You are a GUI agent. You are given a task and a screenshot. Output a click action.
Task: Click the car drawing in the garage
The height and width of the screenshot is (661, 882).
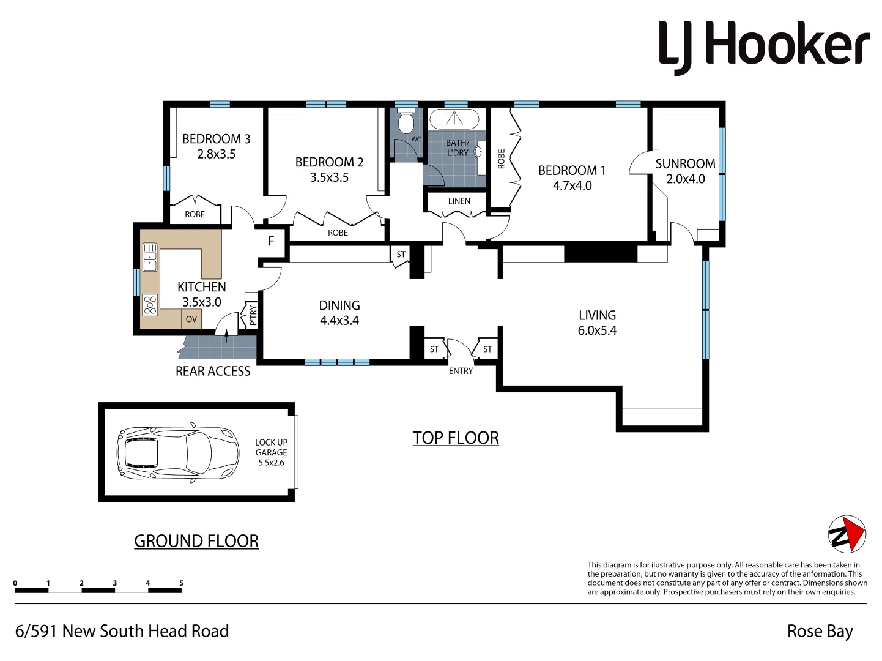point(178,453)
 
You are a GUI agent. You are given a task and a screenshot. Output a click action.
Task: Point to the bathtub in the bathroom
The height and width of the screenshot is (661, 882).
point(454,119)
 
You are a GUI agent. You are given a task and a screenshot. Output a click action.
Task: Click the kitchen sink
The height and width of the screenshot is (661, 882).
point(149,256)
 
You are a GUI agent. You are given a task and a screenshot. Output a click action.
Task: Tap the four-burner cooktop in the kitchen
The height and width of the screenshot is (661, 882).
point(150,305)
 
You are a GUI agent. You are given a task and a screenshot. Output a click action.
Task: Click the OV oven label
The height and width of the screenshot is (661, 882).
point(191,319)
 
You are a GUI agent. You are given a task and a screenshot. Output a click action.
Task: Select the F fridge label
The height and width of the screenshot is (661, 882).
point(271,242)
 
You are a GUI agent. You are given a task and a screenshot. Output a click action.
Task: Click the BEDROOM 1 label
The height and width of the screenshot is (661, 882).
point(571,170)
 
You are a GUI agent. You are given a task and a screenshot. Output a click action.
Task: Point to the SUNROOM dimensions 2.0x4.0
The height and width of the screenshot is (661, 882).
point(685,179)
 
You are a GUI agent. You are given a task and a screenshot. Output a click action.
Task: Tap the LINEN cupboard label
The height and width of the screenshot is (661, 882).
point(459,201)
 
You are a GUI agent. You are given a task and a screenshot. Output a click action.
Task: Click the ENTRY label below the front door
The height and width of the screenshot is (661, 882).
point(461,371)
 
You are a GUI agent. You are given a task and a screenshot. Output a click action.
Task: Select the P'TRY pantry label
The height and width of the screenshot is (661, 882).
point(253,316)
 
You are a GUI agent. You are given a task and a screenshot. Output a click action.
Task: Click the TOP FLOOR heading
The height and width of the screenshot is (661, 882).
point(456,438)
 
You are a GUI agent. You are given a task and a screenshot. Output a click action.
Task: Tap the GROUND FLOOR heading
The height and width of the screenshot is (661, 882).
point(196,541)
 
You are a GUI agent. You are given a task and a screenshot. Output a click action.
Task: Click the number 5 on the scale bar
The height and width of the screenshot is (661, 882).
point(181,583)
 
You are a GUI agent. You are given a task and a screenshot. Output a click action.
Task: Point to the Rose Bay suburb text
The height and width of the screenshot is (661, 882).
point(820,631)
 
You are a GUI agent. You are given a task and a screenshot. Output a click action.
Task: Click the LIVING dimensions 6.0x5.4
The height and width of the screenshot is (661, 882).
point(597,331)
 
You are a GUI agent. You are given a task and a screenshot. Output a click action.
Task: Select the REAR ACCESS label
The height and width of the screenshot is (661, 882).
point(213,371)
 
